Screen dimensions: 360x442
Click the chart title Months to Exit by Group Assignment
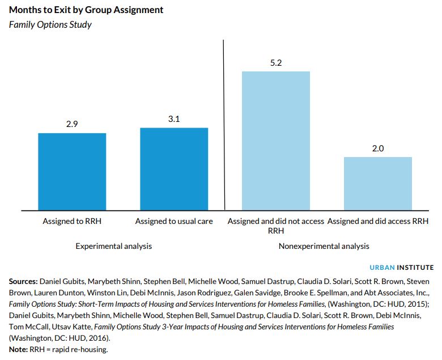click(x=86, y=10)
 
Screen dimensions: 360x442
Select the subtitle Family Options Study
click(x=50, y=25)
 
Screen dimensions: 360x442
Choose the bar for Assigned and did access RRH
click(x=378, y=183)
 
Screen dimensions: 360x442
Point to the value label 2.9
click(x=72, y=124)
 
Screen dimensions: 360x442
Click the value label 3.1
click(x=174, y=118)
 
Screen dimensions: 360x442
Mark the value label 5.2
click(x=276, y=62)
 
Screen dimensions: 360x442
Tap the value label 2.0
click(x=378, y=148)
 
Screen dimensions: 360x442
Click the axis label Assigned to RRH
click(x=72, y=221)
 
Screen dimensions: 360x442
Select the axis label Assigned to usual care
click(x=174, y=221)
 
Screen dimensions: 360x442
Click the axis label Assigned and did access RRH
click(x=378, y=221)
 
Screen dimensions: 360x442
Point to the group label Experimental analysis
click(x=114, y=246)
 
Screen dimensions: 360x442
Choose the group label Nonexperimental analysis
click(x=324, y=246)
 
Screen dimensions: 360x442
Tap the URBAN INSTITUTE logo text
click(x=402, y=267)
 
